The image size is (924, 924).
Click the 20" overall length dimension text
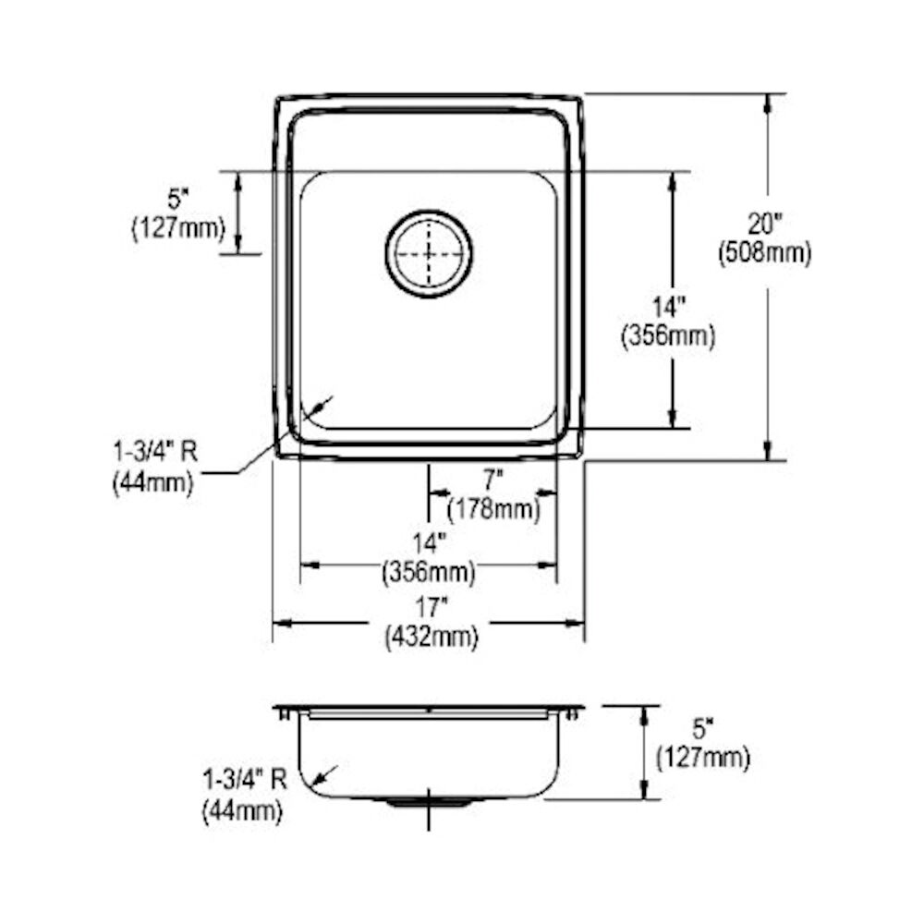[765, 224]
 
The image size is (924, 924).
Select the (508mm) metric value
[765, 253]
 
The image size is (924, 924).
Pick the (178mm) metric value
[492, 508]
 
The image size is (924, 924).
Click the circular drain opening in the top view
[429, 253]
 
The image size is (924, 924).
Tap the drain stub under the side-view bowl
[428, 804]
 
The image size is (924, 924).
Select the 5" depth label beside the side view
[702, 730]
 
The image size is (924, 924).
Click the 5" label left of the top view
[177, 199]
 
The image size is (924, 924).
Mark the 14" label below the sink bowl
[429, 545]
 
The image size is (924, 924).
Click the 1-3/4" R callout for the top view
[155, 453]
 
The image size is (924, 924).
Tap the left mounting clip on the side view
[286, 712]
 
